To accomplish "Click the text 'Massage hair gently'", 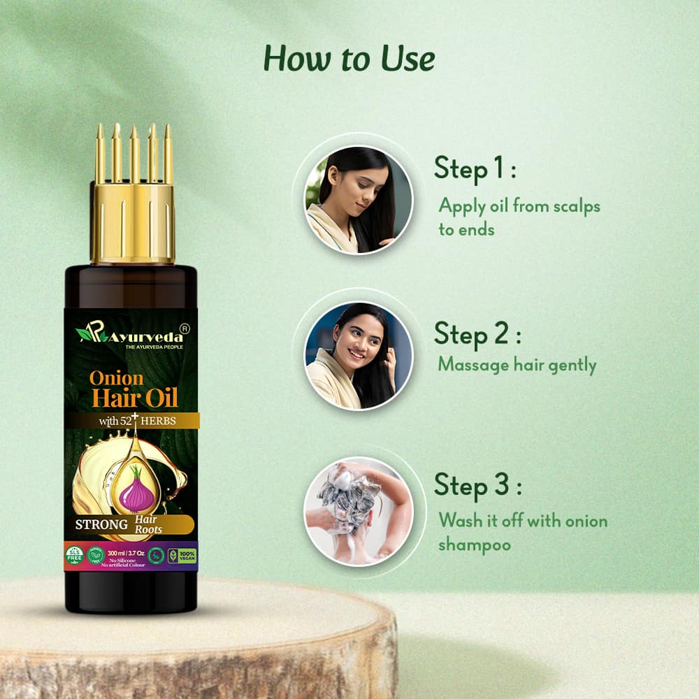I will click(x=517, y=364).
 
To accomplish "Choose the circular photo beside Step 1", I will click(x=358, y=200).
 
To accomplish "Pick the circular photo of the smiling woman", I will click(x=358, y=355).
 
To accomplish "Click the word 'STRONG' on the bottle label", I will click(x=101, y=524).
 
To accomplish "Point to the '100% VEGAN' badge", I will click(x=187, y=556).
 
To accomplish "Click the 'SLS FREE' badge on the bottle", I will click(x=74, y=556).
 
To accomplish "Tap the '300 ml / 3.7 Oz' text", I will click(x=126, y=552).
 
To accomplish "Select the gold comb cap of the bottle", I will click(x=131, y=203).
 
